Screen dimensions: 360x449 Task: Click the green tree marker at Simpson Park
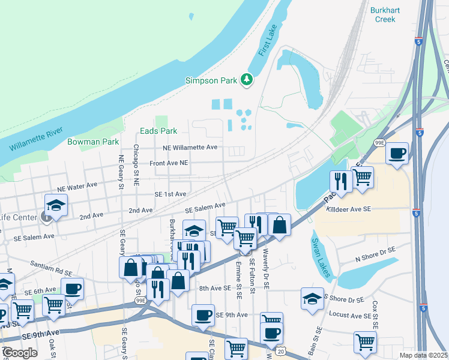pyautogui.click(x=246, y=79)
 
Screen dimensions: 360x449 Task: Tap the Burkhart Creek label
pyautogui.click(x=383, y=15)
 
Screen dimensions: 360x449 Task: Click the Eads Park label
pyautogui.click(x=158, y=131)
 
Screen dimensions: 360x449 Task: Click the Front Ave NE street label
pyautogui.click(x=169, y=163)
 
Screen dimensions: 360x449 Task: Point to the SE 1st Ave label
pyautogui.click(x=170, y=194)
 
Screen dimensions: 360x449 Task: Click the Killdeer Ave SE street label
pyautogui.click(x=349, y=209)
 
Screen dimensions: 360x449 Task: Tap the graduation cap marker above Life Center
pyautogui.click(x=56, y=205)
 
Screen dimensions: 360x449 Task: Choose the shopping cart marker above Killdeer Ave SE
pyautogui.click(x=362, y=177)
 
